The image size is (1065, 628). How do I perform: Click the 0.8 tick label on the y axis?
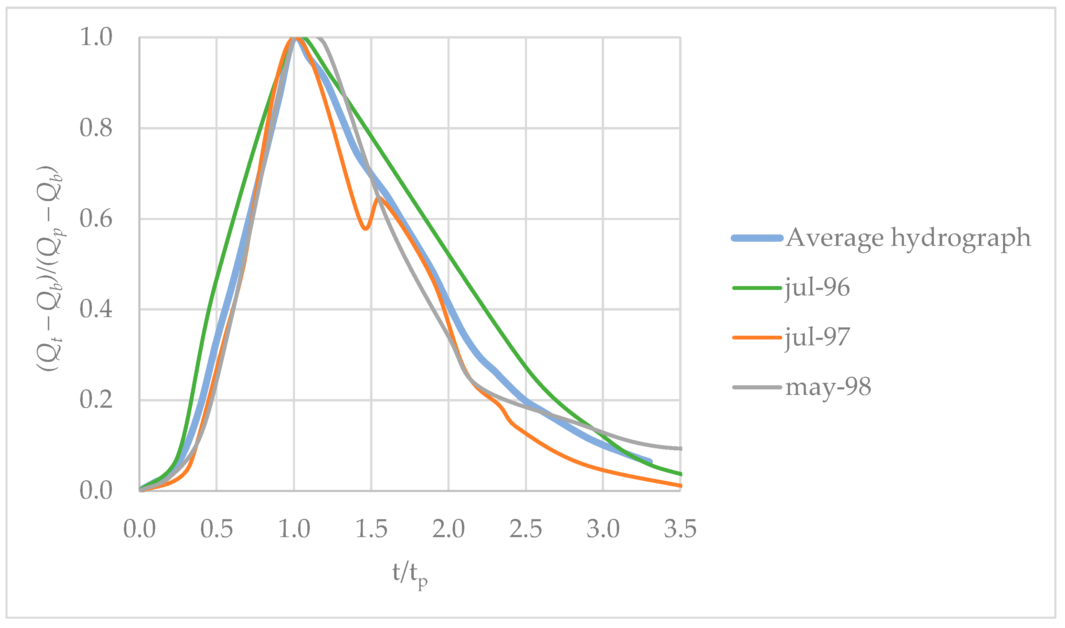(x=96, y=128)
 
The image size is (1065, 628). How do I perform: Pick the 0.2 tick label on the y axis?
(x=96, y=400)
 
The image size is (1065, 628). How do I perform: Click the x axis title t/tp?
(x=409, y=575)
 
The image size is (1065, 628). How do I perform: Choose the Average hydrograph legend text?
(x=908, y=238)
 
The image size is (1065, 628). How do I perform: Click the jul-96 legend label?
(x=817, y=288)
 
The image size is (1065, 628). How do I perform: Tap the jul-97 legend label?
(x=817, y=337)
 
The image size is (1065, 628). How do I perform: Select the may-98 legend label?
(x=828, y=387)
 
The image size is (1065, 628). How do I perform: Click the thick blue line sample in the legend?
(x=757, y=238)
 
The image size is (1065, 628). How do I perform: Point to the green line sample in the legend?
(x=757, y=288)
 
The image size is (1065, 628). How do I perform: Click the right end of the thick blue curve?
(x=651, y=461)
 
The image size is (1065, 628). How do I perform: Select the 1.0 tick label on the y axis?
(x=96, y=37)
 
